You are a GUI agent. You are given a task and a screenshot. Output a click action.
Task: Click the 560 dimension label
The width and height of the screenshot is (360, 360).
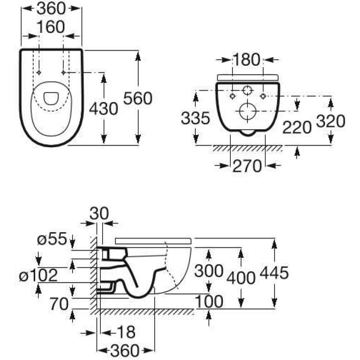(138, 98)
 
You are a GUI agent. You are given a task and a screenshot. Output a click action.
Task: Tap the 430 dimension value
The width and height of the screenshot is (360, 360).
(103, 108)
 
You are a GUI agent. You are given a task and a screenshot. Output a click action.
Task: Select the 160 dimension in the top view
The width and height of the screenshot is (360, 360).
(51, 27)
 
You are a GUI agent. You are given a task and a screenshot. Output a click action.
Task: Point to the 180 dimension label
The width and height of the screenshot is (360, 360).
(247, 60)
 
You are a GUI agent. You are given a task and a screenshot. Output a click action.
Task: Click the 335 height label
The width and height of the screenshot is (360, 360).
(195, 118)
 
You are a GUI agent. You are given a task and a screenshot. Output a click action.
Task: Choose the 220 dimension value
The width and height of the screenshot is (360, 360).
(297, 127)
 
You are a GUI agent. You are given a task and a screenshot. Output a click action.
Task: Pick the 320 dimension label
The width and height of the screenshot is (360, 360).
(331, 121)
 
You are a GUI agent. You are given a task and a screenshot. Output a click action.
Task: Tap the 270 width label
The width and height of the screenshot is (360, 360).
(247, 166)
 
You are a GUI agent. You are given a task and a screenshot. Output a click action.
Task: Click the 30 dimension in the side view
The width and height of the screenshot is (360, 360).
(99, 213)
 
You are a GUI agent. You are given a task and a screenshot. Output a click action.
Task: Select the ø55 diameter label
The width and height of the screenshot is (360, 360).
(52, 238)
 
